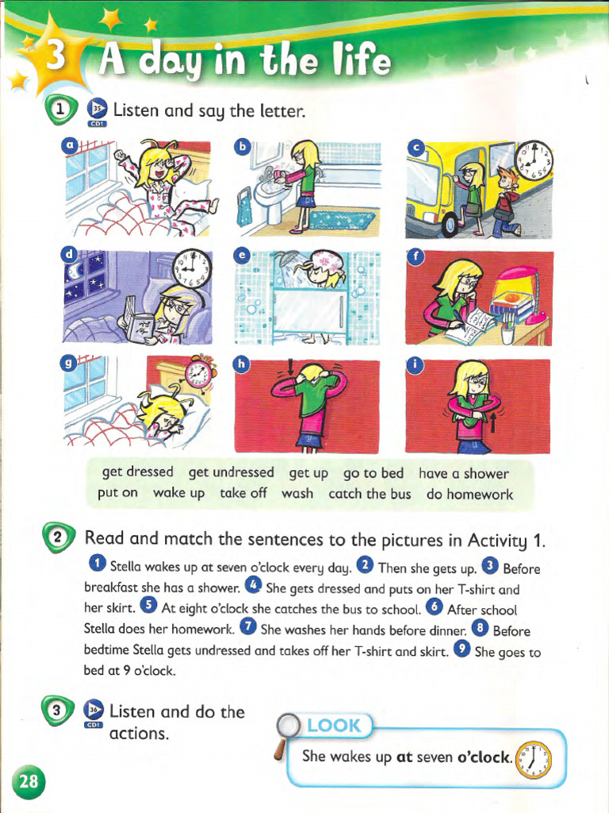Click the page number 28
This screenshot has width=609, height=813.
(x=29, y=781)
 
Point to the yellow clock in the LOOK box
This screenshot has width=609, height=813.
(x=531, y=761)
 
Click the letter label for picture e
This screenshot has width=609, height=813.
(x=243, y=255)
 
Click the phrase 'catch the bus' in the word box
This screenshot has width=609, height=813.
(x=370, y=494)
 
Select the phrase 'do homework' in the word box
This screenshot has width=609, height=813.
(x=469, y=494)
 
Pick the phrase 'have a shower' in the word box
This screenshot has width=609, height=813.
(x=463, y=473)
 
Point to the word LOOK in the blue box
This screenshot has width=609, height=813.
(x=333, y=726)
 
